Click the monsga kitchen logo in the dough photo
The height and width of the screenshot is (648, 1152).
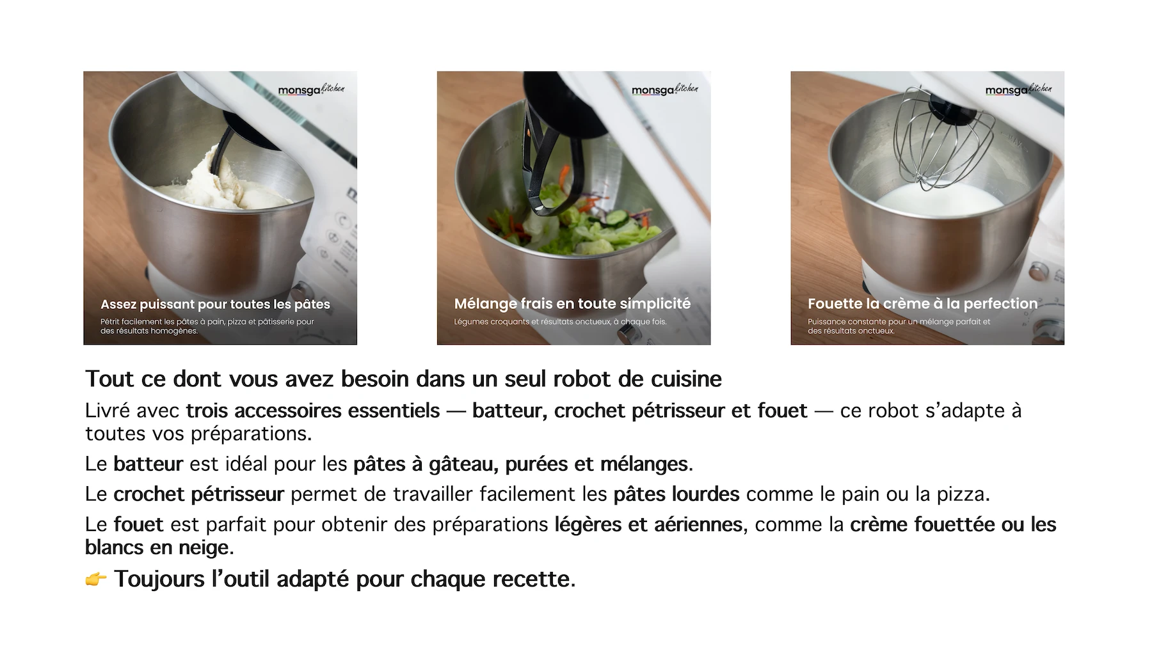pos(311,90)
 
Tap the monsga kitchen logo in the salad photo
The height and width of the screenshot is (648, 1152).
pos(665,90)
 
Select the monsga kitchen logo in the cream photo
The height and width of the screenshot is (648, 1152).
pos(1019,90)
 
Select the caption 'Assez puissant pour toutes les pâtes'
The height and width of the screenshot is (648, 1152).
pos(215,304)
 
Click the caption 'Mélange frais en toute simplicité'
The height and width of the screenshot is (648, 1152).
pos(572,304)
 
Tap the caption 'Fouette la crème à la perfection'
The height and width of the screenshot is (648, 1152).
pos(922,304)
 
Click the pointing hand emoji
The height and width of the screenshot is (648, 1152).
pos(96,580)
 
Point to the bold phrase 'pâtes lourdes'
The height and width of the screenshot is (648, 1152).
pos(676,494)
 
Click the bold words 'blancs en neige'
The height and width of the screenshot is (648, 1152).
pos(158,548)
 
